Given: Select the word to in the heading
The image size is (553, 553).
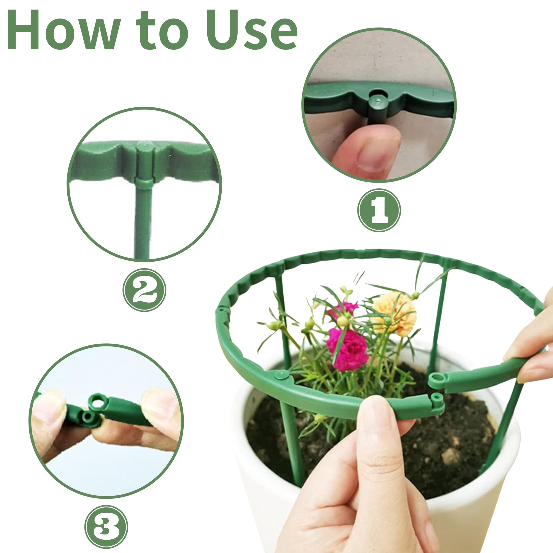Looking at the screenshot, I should click(x=162, y=32).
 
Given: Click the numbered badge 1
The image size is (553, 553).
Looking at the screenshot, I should click(x=379, y=210).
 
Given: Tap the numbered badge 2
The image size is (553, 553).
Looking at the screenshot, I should click(x=144, y=290).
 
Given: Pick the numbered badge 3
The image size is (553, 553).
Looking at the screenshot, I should click(x=106, y=527).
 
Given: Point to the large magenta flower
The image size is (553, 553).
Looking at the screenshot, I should click(x=348, y=349).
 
